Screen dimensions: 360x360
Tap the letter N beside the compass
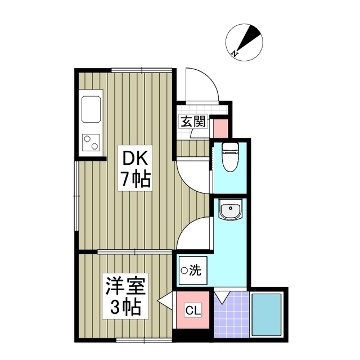234,54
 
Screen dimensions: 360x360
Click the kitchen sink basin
92,108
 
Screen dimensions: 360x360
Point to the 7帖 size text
134,179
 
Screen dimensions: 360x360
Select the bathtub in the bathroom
268,315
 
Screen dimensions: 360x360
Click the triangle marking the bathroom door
223,296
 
